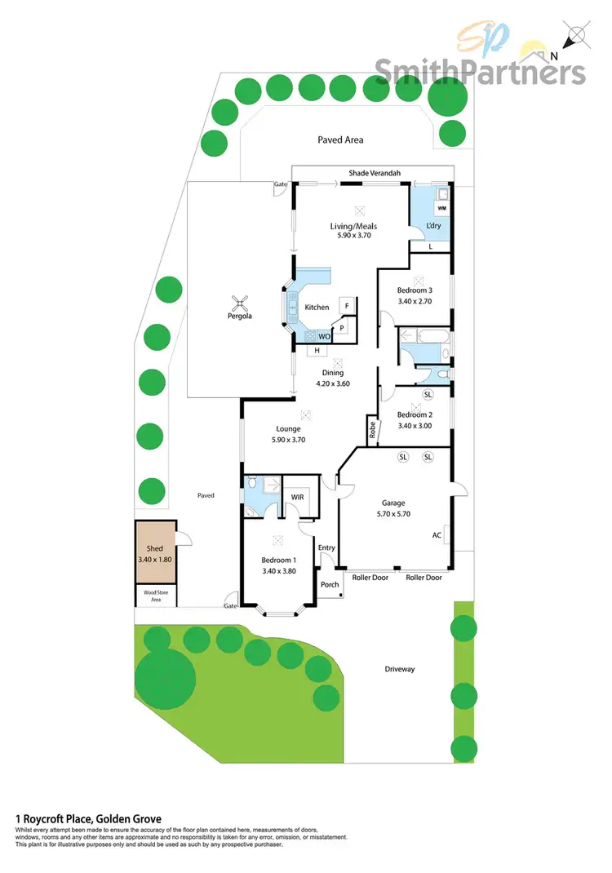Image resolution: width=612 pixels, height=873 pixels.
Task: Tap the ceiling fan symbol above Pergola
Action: tap(239, 300)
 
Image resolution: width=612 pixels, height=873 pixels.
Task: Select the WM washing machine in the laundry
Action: tap(441, 210)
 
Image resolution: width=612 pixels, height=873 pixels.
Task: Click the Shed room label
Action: tap(154, 549)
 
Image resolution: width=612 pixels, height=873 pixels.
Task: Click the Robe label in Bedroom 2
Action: tap(372, 430)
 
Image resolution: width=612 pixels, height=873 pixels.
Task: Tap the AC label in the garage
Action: tap(437, 536)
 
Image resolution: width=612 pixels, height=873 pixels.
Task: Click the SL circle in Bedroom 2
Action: tap(428, 396)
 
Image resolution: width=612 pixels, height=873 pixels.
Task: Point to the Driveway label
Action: tap(400, 669)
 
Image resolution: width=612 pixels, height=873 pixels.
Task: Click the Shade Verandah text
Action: tap(375, 172)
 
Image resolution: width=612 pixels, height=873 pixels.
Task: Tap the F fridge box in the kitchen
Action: tap(347, 306)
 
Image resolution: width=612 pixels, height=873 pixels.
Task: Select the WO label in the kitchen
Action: tap(324, 336)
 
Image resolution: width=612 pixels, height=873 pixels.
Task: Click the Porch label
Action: tap(330, 584)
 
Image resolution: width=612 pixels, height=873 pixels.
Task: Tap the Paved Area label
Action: tap(340, 140)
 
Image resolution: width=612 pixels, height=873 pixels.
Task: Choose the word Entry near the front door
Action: tap(326, 547)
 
